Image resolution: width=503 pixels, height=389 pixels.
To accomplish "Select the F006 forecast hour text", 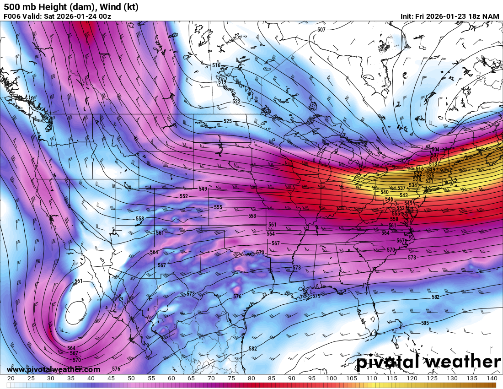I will click(x=12, y=16).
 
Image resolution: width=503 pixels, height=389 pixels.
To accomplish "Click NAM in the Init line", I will click(x=491, y=16).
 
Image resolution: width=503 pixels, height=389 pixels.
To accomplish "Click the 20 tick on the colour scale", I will click(x=11, y=378).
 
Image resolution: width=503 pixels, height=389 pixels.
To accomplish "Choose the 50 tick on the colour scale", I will click(x=131, y=378).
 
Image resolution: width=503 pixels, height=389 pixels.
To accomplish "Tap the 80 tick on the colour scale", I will click(x=251, y=378).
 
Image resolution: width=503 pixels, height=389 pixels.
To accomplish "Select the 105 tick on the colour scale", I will click(x=352, y=378).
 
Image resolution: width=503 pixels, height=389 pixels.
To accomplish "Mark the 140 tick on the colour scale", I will click(x=492, y=378).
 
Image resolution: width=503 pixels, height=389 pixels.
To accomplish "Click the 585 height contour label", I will click(x=425, y=323).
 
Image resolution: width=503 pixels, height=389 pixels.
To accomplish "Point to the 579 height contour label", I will click(x=316, y=296).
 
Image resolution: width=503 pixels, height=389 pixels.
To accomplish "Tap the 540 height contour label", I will click(x=384, y=192).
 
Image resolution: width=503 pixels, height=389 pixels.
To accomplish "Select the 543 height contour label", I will click(x=403, y=195).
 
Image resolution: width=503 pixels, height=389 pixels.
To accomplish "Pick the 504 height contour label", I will click(x=435, y=150).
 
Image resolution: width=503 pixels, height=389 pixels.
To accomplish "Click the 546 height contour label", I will click(x=389, y=199).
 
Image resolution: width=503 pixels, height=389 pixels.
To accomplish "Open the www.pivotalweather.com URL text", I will click(x=54, y=369).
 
